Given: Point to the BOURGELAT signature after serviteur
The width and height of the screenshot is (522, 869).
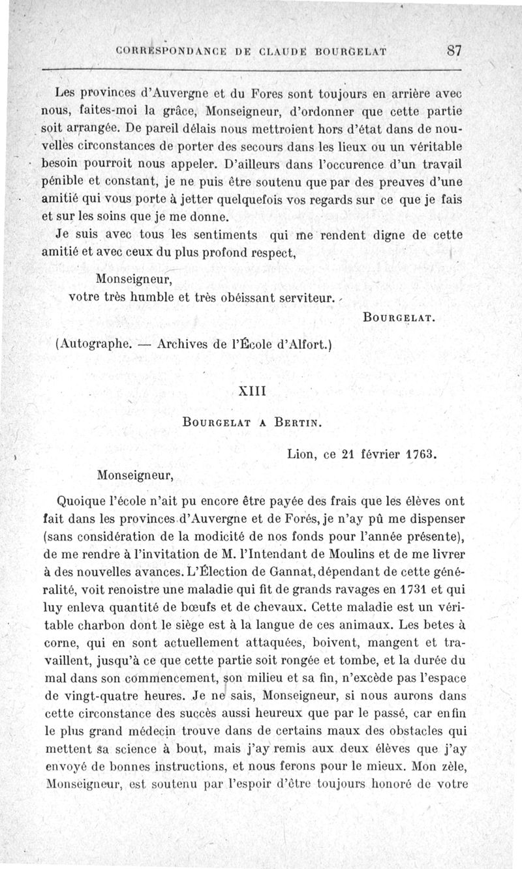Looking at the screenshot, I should [398, 319].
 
